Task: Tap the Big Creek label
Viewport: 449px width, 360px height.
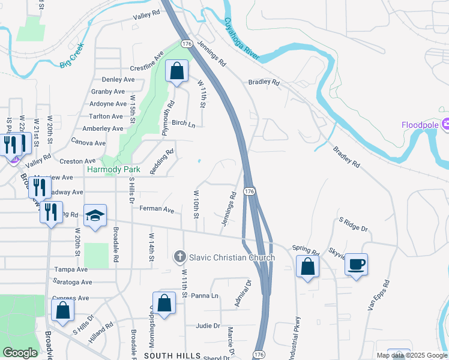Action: click(x=72, y=56)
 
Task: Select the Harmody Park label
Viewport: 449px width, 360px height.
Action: click(x=113, y=170)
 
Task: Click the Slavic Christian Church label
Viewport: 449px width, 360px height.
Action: click(x=232, y=257)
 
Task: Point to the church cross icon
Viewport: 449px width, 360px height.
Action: click(x=179, y=257)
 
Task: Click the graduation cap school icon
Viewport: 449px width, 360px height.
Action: click(x=95, y=216)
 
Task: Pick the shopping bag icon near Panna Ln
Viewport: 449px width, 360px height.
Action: click(x=164, y=303)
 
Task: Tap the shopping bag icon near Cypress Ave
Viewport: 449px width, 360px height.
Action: click(x=62, y=310)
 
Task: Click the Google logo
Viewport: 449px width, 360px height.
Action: click(x=20, y=353)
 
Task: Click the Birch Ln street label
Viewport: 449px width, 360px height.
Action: click(x=184, y=124)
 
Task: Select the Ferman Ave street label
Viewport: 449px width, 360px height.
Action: click(x=156, y=210)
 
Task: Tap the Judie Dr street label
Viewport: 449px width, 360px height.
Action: click(x=208, y=326)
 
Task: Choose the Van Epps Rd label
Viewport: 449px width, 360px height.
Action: click(x=378, y=296)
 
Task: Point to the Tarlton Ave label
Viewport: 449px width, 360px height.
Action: click(x=106, y=116)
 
